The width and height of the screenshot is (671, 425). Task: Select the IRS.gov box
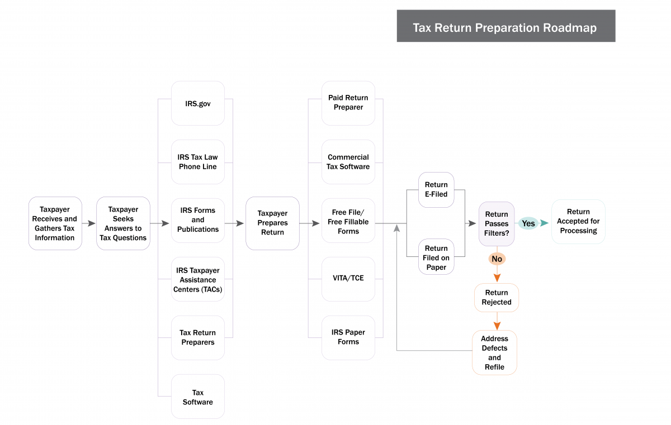(x=198, y=103)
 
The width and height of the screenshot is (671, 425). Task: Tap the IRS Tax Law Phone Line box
(x=198, y=162)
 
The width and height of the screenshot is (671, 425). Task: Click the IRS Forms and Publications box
(x=198, y=220)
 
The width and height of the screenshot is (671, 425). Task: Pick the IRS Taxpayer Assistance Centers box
(x=198, y=279)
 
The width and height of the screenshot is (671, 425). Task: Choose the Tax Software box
(x=198, y=397)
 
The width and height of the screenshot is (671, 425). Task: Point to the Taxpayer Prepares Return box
(x=272, y=223)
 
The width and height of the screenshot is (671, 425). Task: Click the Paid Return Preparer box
(x=348, y=103)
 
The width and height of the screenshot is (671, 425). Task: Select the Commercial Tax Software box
(x=348, y=162)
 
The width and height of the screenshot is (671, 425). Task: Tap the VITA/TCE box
(x=348, y=278)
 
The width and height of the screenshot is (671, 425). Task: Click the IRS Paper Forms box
(x=348, y=337)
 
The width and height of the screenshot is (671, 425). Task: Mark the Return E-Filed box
(x=436, y=190)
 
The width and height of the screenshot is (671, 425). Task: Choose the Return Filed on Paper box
(x=436, y=257)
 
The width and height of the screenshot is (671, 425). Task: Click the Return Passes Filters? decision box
(x=497, y=223)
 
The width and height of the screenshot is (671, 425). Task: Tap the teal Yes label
(x=528, y=223)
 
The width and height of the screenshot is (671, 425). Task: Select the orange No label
(x=497, y=259)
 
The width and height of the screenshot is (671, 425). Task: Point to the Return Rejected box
(x=497, y=298)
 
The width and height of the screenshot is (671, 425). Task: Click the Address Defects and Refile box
(x=494, y=352)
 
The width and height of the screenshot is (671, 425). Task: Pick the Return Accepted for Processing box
(x=578, y=222)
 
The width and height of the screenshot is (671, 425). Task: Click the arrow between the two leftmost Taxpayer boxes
(x=89, y=223)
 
